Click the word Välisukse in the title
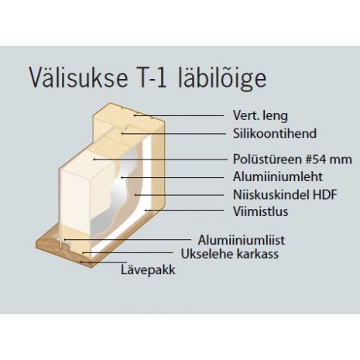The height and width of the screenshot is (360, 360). [78, 77]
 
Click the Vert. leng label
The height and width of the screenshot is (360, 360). [260, 115]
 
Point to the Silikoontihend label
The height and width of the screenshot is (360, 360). [275, 133]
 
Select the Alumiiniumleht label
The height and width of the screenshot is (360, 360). [278, 177]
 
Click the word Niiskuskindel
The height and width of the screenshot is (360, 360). [271, 194]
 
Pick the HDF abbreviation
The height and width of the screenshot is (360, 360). [325, 194]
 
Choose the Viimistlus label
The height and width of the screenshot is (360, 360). [260, 211]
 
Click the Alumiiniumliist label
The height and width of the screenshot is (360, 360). [242, 240]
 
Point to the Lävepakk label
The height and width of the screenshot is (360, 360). [148, 270]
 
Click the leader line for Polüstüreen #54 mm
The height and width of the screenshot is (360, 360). [160, 159]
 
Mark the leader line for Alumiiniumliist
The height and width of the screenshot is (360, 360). [128, 239]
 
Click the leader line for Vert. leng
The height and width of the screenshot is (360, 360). [179, 115]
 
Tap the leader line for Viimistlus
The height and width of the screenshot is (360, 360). [184, 211]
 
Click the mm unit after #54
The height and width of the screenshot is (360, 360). [341, 160]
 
